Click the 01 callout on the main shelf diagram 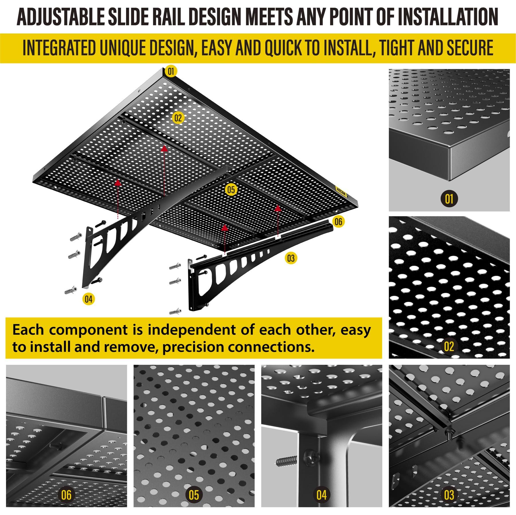[x=171, y=71]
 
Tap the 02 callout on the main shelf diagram [x=178, y=118]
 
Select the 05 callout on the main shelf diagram [x=231, y=190]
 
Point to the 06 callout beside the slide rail [x=338, y=221]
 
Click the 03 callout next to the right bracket [x=291, y=258]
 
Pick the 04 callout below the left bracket [x=89, y=299]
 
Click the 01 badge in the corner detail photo [x=449, y=199]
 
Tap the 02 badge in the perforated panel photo [x=449, y=346]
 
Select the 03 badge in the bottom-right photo [x=449, y=495]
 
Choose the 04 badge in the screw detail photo [x=321, y=495]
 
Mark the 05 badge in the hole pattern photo [x=194, y=495]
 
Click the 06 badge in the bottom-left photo [x=66, y=495]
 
